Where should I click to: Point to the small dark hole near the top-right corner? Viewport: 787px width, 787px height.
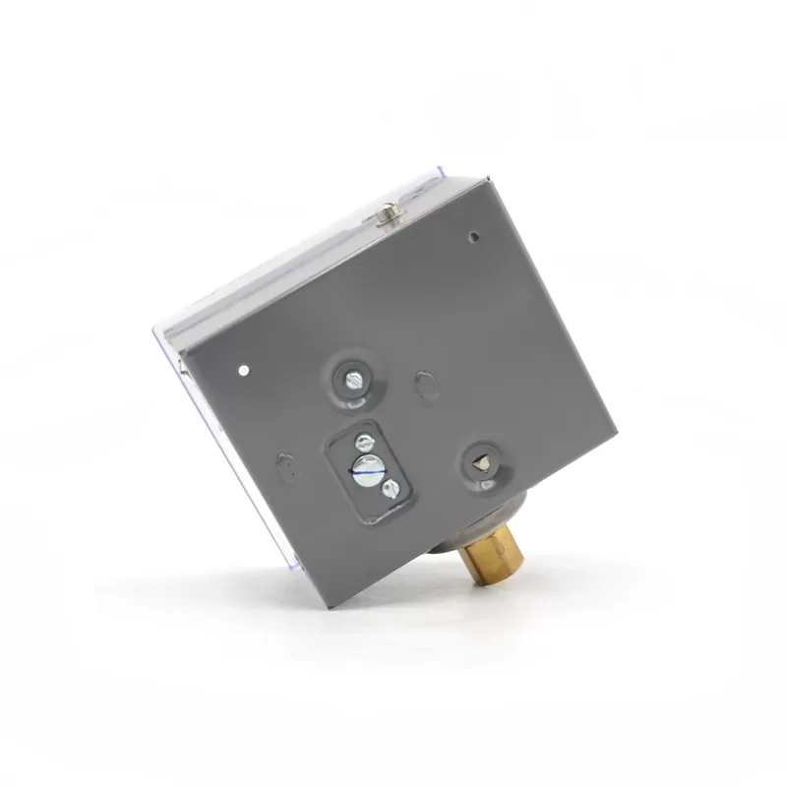pyautogui.click(x=473, y=236)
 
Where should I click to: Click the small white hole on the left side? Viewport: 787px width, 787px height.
pyautogui.click(x=243, y=372)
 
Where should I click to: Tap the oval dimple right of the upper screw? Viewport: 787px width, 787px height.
pyautogui.click(x=426, y=384)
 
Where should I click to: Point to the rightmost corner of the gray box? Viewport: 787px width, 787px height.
pyautogui.click(x=616, y=433)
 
